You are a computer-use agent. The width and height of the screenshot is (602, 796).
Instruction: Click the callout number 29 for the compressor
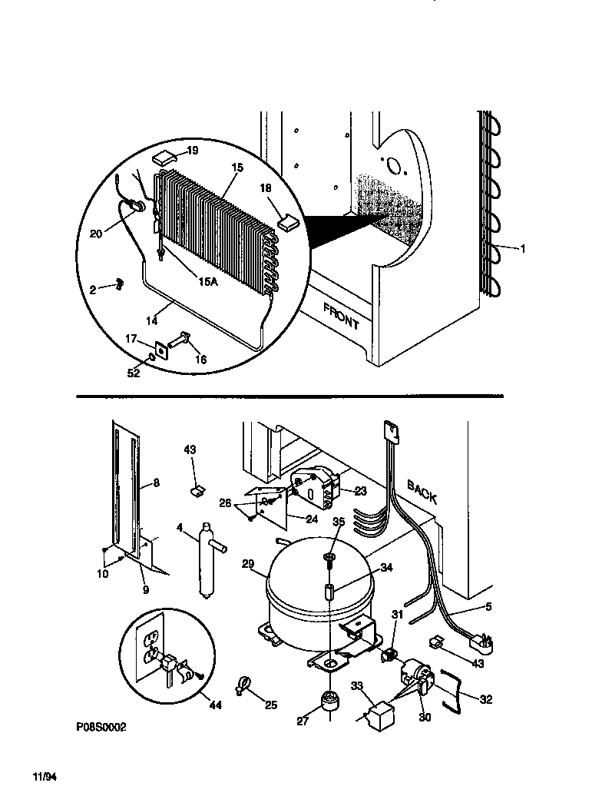pyautogui.click(x=247, y=564)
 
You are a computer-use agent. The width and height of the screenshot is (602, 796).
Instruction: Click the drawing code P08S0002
pyautogui.click(x=101, y=726)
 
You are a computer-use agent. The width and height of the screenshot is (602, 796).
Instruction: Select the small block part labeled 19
pyautogui.click(x=164, y=158)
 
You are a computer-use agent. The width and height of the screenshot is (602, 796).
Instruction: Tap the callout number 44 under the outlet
pyautogui.click(x=215, y=705)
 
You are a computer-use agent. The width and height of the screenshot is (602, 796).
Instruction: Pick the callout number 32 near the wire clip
pyautogui.click(x=485, y=699)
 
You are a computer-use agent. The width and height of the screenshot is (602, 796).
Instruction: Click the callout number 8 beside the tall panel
pyautogui.click(x=156, y=483)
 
